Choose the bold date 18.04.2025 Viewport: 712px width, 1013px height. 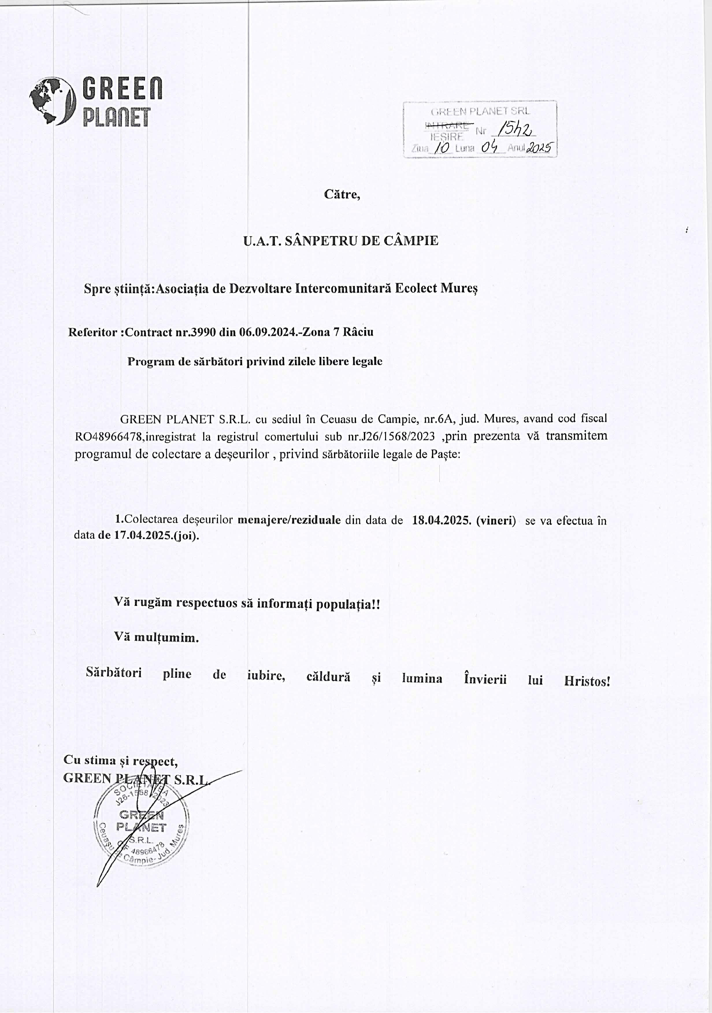pyautogui.click(x=441, y=521)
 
